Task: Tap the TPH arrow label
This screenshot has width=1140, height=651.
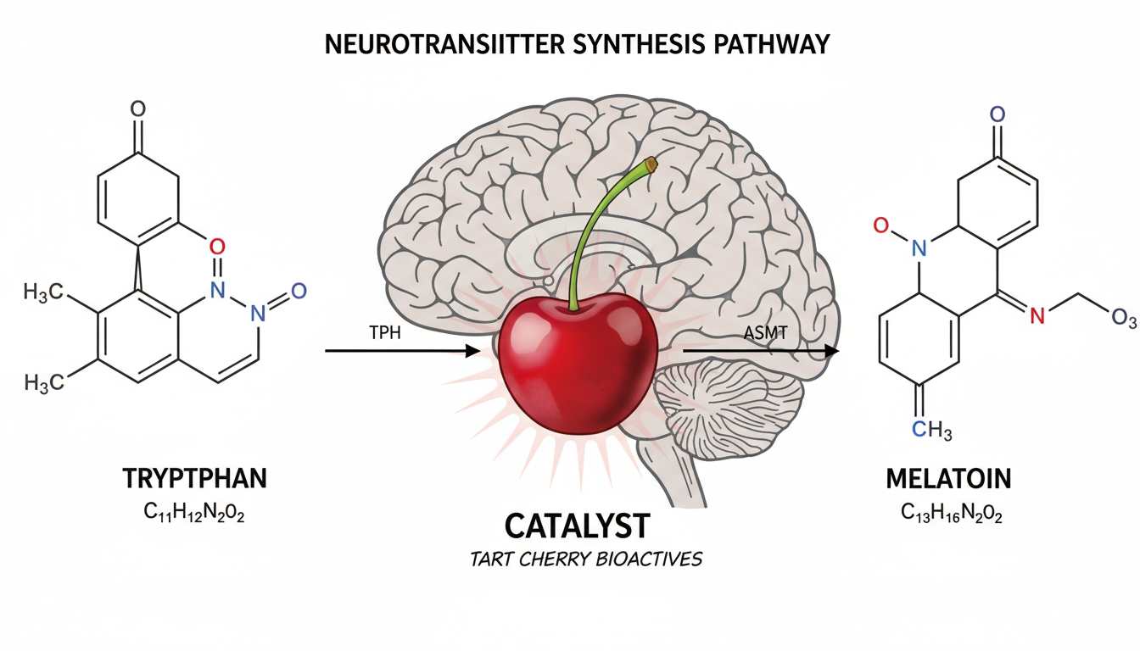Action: pyautogui.click(x=383, y=332)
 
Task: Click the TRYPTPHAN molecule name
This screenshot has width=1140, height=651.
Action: pyautogui.click(x=195, y=478)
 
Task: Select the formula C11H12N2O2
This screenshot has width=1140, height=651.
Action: pyautogui.click(x=195, y=514)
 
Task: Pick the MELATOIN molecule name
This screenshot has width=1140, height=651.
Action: pyautogui.click(x=948, y=479)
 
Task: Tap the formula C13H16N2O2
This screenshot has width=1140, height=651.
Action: pyautogui.click(x=948, y=514)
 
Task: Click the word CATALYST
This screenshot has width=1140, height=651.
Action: pyautogui.click(x=577, y=526)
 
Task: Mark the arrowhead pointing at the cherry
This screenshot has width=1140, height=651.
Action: pyautogui.click(x=472, y=350)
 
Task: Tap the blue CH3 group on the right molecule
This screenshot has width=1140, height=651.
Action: pyautogui.click(x=933, y=431)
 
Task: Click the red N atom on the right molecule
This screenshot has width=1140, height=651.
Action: pyautogui.click(x=1035, y=316)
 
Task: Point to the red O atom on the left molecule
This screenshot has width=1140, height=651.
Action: pyautogui.click(x=216, y=247)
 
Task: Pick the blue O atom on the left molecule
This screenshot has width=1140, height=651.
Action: pyautogui.click(x=298, y=292)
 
